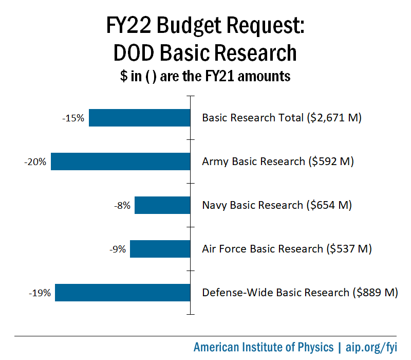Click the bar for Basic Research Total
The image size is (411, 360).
[x=140, y=118]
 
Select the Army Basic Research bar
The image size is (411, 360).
[x=121, y=161]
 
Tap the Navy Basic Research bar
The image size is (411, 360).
[x=162, y=206]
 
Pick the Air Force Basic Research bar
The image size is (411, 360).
[x=160, y=249]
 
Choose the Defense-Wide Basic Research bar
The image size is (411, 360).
[x=123, y=293]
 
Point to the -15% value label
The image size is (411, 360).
[x=74, y=118]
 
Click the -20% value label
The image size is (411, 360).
[x=35, y=162]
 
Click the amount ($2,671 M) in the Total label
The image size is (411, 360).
[x=334, y=118]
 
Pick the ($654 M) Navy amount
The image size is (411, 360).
[x=329, y=205]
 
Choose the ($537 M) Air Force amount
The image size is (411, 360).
[x=348, y=249]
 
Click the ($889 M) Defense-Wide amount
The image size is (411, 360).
[x=375, y=293]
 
